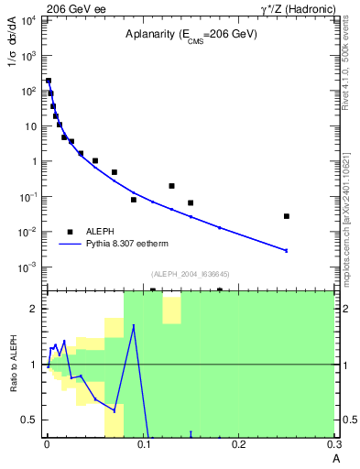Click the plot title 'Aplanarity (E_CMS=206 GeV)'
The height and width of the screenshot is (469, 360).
pos(191,34)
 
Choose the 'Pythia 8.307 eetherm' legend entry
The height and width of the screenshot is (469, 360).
pos(117,245)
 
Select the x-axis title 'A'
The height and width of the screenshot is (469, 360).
pos(335,458)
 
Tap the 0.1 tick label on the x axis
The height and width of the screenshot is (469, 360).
pos(143,444)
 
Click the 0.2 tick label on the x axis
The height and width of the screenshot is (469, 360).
pos(239,444)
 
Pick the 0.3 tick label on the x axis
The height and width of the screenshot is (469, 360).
pos(335,444)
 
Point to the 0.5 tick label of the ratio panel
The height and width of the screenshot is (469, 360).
pos(30,420)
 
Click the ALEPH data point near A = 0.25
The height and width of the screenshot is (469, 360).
pos(287,216)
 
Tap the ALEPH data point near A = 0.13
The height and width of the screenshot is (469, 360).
pos(171,186)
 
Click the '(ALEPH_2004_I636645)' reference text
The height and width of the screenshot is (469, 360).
pos(191,273)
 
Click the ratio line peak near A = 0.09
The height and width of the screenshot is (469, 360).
pos(134,325)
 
